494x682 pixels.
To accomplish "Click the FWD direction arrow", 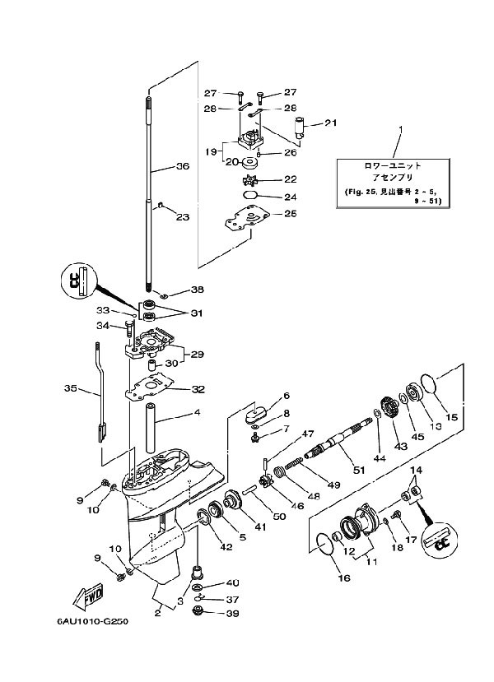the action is (x=87, y=596).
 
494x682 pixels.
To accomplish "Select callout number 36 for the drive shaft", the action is (x=182, y=165).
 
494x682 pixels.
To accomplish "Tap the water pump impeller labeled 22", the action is (x=249, y=179).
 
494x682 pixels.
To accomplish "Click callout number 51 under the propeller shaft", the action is (x=359, y=471).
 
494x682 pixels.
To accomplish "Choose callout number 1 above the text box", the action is (x=401, y=129).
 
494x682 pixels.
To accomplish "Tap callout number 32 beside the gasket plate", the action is (x=198, y=389).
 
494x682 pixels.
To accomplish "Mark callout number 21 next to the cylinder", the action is (x=331, y=123).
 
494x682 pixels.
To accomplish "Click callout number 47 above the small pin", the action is (x=308, y=434).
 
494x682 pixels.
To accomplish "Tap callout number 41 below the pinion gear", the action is (x=260, y=527).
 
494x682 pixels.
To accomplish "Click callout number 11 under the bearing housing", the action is (x=371, y=562).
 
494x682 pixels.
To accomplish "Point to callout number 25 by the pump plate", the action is (x=291, y=214).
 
